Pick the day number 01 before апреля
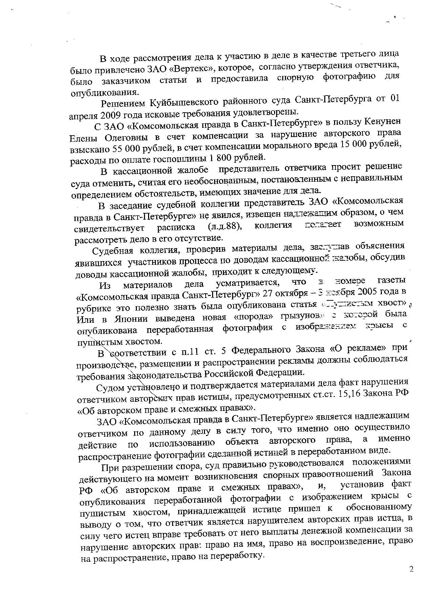(x=393, y=99)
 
